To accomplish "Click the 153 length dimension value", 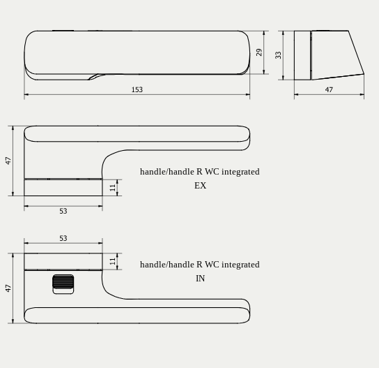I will (137, 89).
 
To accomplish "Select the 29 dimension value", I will (259, 52).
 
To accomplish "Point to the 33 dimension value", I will (278, 54).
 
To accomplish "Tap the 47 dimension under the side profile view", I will (329, 89).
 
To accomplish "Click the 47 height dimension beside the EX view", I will (8, 160).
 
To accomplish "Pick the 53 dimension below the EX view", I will (63, 211).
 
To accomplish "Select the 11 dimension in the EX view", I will (113, 187).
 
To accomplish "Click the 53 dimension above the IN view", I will (63, 238).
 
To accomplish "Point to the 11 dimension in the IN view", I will (113, 261).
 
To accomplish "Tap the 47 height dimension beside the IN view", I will (8, 288).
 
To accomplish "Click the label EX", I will (200, 186).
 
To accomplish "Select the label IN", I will (200, 279).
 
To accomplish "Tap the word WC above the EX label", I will (212, 172).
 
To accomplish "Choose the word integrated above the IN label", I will (240, 265).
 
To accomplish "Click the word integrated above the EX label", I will (240, 172).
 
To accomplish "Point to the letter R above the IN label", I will (199, 265).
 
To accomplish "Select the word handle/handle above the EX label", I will (167, 172).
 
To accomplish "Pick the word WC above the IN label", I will (212, 265).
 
